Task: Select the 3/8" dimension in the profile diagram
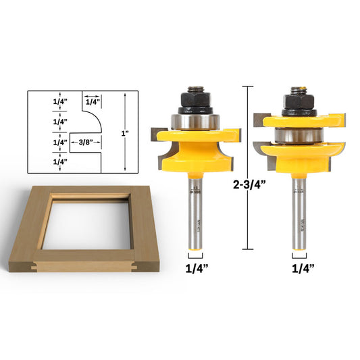85,143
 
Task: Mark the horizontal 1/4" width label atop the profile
93,101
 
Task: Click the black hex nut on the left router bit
194,100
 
